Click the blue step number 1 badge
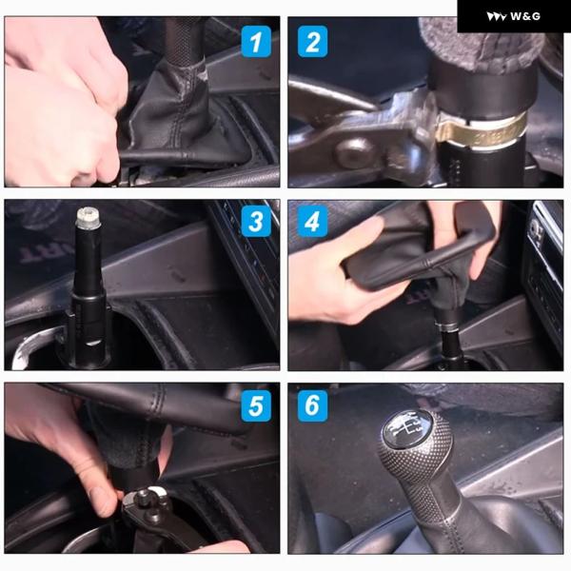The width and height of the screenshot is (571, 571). pos(256,42)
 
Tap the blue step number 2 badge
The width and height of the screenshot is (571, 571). pos(312,42)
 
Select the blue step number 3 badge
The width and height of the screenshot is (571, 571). pos(256,221)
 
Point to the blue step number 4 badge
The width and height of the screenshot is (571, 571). pos(312,221)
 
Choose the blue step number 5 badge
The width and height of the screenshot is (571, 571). pos(256,405)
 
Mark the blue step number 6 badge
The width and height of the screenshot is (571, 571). pos(312,405)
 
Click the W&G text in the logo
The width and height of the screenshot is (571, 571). pos(524,16)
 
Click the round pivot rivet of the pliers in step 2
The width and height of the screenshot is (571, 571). pos(355,150)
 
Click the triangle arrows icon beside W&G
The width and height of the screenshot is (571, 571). pos(497,16)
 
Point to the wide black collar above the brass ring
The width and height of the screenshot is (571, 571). pos(482,92)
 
